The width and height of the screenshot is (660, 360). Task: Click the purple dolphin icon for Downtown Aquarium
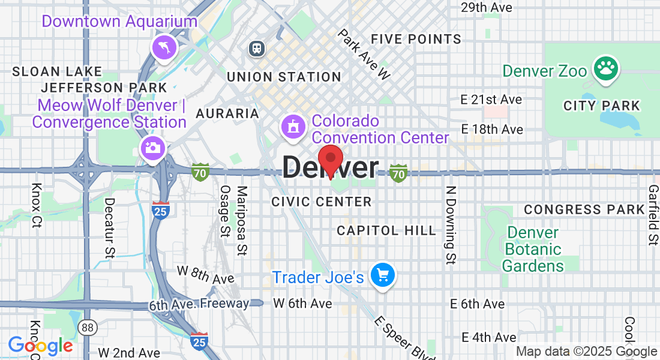(164, 48)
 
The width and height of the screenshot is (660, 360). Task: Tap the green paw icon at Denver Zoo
(605, 69)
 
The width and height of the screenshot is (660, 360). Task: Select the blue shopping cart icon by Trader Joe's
(382, 276)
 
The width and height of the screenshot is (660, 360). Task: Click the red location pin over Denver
(330, 160)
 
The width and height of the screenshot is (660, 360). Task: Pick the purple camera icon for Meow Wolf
(152, 148)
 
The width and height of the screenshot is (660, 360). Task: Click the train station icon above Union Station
(257, 48)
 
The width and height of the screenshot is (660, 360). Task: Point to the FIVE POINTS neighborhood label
(416, 40)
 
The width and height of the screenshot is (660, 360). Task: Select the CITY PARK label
(602, 106)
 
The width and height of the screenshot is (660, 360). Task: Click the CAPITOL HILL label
(386, 231)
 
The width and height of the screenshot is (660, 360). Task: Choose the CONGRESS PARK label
(584, 210)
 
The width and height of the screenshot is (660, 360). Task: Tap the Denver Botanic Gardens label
(532, 249)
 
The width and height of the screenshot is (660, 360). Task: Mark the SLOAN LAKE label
(57, 72)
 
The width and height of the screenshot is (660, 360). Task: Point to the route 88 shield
(88, 328)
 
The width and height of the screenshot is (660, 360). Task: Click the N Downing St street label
(450, 224)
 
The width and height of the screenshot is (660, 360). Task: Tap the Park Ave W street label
(364, 55)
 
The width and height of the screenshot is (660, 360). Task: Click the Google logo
(40, 346)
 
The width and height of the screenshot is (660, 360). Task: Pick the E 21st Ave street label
(491, 100)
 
